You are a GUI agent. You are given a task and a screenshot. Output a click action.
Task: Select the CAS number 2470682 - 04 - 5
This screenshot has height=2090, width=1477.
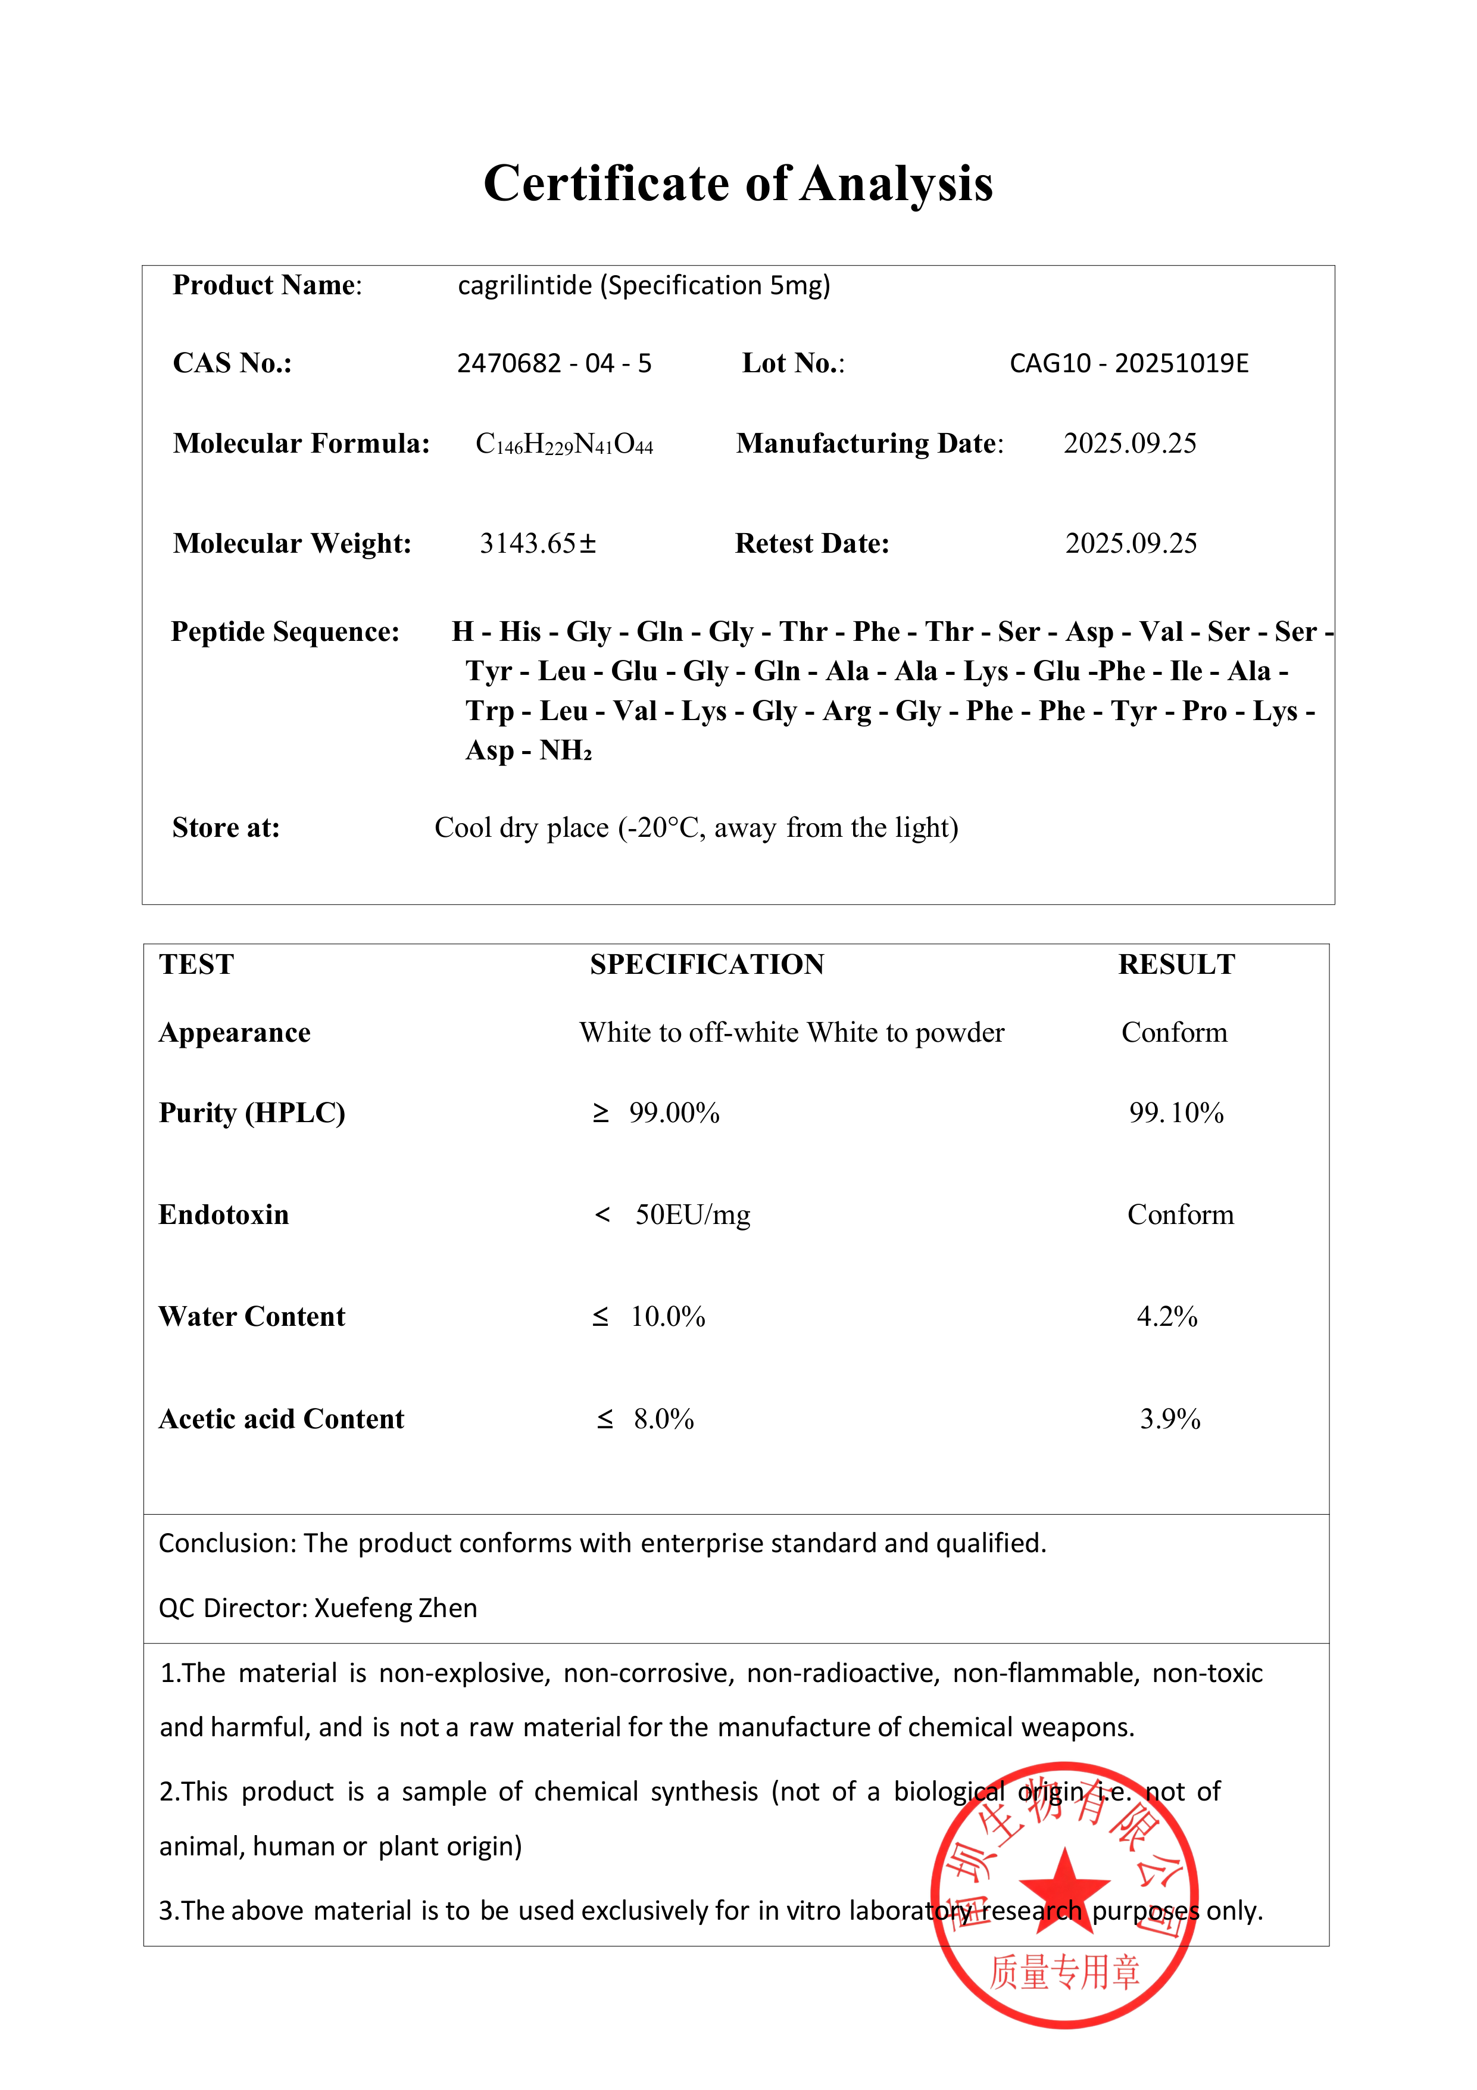[x=554, y=363]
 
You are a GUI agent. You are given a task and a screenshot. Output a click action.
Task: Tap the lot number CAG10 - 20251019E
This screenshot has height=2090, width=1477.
[x=1129, y=363]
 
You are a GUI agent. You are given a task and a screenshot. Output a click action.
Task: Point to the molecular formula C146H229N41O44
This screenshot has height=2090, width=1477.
[x=564, y=444]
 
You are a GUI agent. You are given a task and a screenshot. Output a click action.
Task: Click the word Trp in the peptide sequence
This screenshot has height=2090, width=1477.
[x=489, y=711]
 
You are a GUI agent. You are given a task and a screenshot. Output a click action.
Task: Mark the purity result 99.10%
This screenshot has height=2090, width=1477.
[x=1176, y=1113]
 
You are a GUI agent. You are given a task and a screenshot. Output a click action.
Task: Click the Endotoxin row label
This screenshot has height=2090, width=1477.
[x=224, y=1214]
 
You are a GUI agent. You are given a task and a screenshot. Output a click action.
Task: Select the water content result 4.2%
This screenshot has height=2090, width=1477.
[x=1167, y=1316]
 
